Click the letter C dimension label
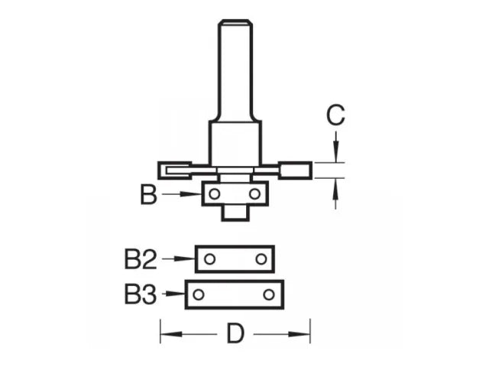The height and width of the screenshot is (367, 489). click(x=335, y=115)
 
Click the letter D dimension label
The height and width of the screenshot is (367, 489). click(x=235, y=333)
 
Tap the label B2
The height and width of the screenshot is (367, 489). click(x=140, y=259)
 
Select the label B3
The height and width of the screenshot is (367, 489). click(x=140, y=294)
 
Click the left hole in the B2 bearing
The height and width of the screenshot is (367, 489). click(x=209, y=259)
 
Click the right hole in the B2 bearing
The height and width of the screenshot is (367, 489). click(x=261, y=259)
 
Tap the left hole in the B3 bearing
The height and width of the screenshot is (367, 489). click(x=199, y=294)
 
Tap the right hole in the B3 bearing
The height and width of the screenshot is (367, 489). click(x=269, y=294)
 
